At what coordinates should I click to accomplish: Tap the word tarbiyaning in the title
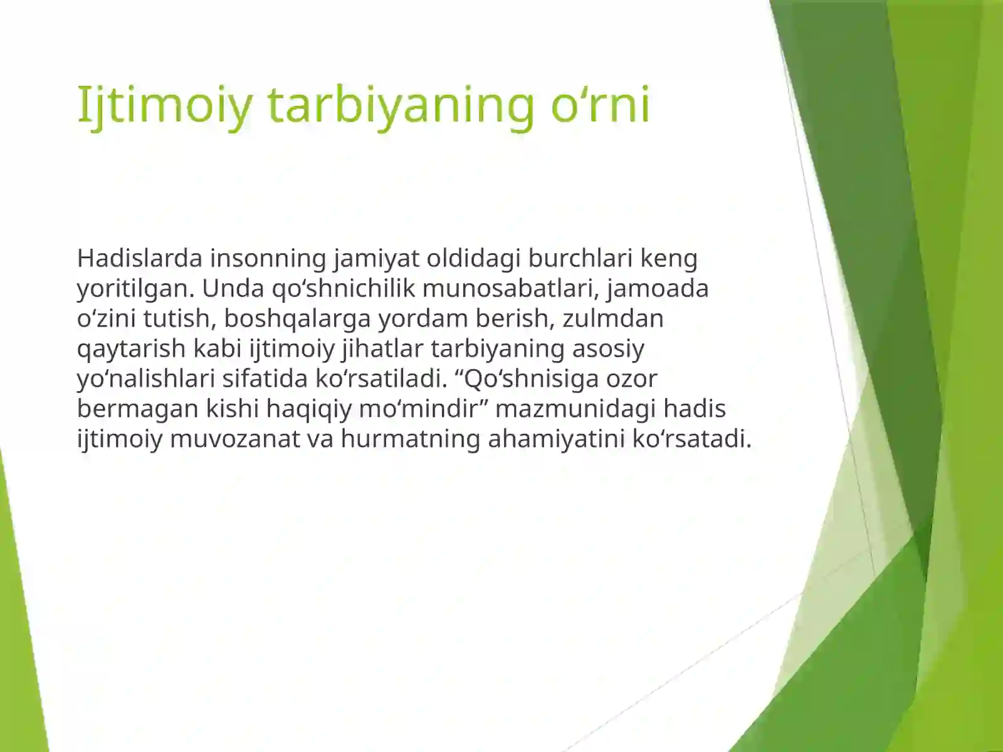click(x=401, y=105)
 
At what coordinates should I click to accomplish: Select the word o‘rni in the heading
click(x=600, y=105)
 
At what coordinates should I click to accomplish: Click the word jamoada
click(x=658, y=288)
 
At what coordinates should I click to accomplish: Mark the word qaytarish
click(x=131, y=348)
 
